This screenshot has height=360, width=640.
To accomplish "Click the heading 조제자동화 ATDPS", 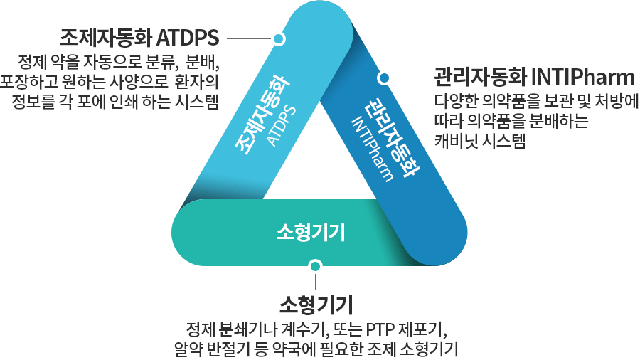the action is pos(139,38).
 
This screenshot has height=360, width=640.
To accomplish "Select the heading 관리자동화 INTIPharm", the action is pos(534,77).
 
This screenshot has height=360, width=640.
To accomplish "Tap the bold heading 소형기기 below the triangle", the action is pos(316,305).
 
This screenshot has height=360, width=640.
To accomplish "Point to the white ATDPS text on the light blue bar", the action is pos(281,126).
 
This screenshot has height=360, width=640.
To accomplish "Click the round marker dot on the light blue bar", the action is pos(279,39).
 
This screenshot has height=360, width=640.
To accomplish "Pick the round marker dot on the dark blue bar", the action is pos(384,78).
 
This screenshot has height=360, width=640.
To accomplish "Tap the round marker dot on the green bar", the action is pos(315,266).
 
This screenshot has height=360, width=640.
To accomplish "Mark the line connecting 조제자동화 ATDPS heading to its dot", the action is pos(250,39).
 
